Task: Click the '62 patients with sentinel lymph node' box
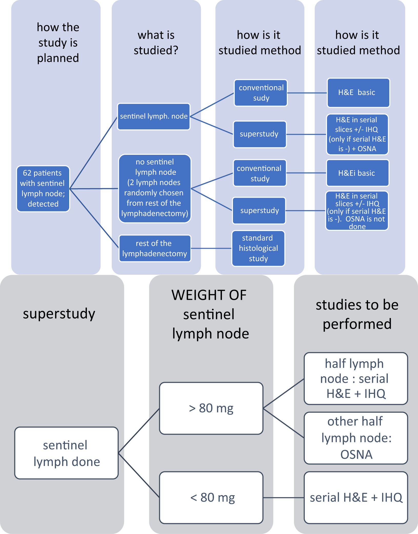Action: pyautogui.click(x=43, y=188)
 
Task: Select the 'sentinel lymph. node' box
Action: pyautogui.click(x=154, y=117)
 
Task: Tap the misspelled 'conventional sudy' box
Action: pyautogui.click(x=261, y=93)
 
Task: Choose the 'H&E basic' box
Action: pyautogui.click(x=358, y=93)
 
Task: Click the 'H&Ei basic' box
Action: pyautogui.click(x=358, y=173)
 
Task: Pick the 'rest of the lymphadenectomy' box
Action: pyautogui.click(x=155, y=248)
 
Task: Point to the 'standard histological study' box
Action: pyautogui.click(x=258, y=248)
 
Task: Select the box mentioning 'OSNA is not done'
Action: pyautogui.click(x=357, y=211)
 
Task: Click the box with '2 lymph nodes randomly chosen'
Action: pyautogui.click(x=155, y=188)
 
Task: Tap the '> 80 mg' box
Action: pyautogui.click(x=211, y=408)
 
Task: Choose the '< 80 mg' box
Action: pyautogui.click(x=211, y=497)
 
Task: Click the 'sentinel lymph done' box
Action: pyautogui.click(x=66, y=453)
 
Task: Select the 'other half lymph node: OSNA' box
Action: pyautogui.click(x=356, y=438)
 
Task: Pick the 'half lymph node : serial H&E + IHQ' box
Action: pyautogui.click(x=356, y=378)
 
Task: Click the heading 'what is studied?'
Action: pyautogui.click(x=156, y=43)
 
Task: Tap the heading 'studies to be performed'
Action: pyautogui.click(x=357, y=314)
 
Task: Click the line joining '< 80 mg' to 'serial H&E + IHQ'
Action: pyautogui.click(x=283, y=498)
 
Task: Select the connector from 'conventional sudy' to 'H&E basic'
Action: pyautogui.click(x=307, y=93)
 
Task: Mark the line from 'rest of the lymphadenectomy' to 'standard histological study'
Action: pyautogui.click(x=211, y=248)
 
